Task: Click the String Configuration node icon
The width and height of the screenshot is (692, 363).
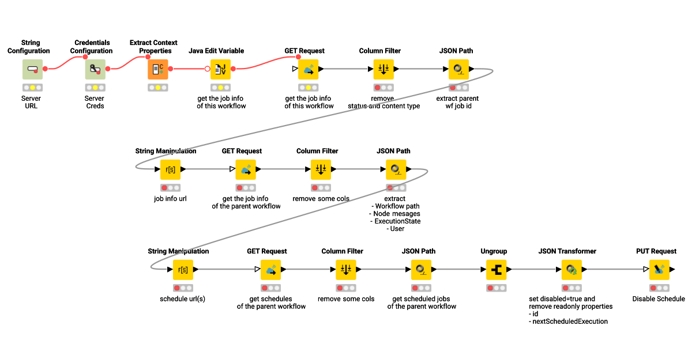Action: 32,69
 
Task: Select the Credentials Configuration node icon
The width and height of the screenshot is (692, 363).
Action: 95,69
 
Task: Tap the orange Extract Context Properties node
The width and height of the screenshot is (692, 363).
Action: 158,69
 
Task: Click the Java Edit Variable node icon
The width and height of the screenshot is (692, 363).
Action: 220,69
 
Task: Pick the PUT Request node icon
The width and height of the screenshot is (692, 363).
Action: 659,269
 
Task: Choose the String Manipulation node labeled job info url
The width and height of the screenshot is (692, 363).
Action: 171,169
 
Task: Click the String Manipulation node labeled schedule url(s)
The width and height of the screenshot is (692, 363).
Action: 183,269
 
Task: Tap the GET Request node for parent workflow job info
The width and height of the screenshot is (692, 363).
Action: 246,169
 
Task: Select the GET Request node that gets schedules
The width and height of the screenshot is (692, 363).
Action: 271,269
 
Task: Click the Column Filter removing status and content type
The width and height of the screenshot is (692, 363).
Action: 383,69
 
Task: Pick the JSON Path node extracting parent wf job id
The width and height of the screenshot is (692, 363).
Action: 458,69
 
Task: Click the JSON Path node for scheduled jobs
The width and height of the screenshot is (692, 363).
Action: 422,269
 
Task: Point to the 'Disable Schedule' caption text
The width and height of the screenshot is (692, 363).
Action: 659,299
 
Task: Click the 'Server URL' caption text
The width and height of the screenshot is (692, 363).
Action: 31,102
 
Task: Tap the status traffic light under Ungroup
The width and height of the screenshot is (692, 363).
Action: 497,288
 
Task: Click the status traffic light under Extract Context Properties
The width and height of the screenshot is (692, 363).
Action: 158,88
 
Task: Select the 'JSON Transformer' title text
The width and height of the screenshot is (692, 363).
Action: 567,251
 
